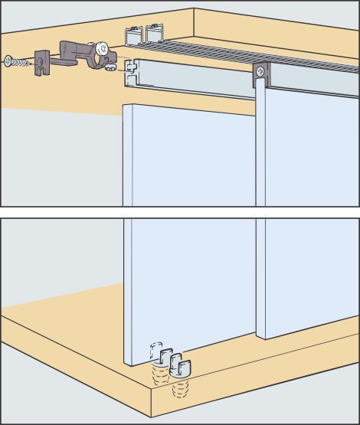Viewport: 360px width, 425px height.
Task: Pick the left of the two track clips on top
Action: (x=133, y=35)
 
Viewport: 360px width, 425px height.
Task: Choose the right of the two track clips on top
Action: (x=155, y=34)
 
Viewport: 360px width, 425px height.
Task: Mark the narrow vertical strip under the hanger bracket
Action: (x=261, y=145)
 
